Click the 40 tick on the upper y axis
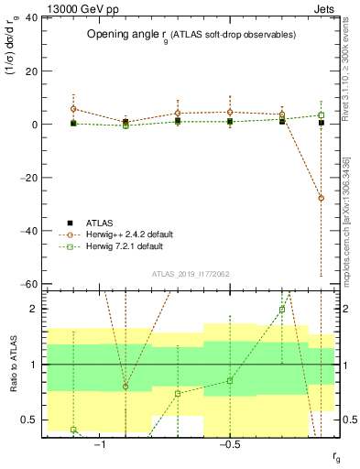32,17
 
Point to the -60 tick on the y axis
30,285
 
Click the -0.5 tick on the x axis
229,446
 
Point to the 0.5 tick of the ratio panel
31,420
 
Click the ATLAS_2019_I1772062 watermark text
190,274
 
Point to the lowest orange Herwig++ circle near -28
321,198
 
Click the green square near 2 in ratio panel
282,310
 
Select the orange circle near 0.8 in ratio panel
125,387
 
